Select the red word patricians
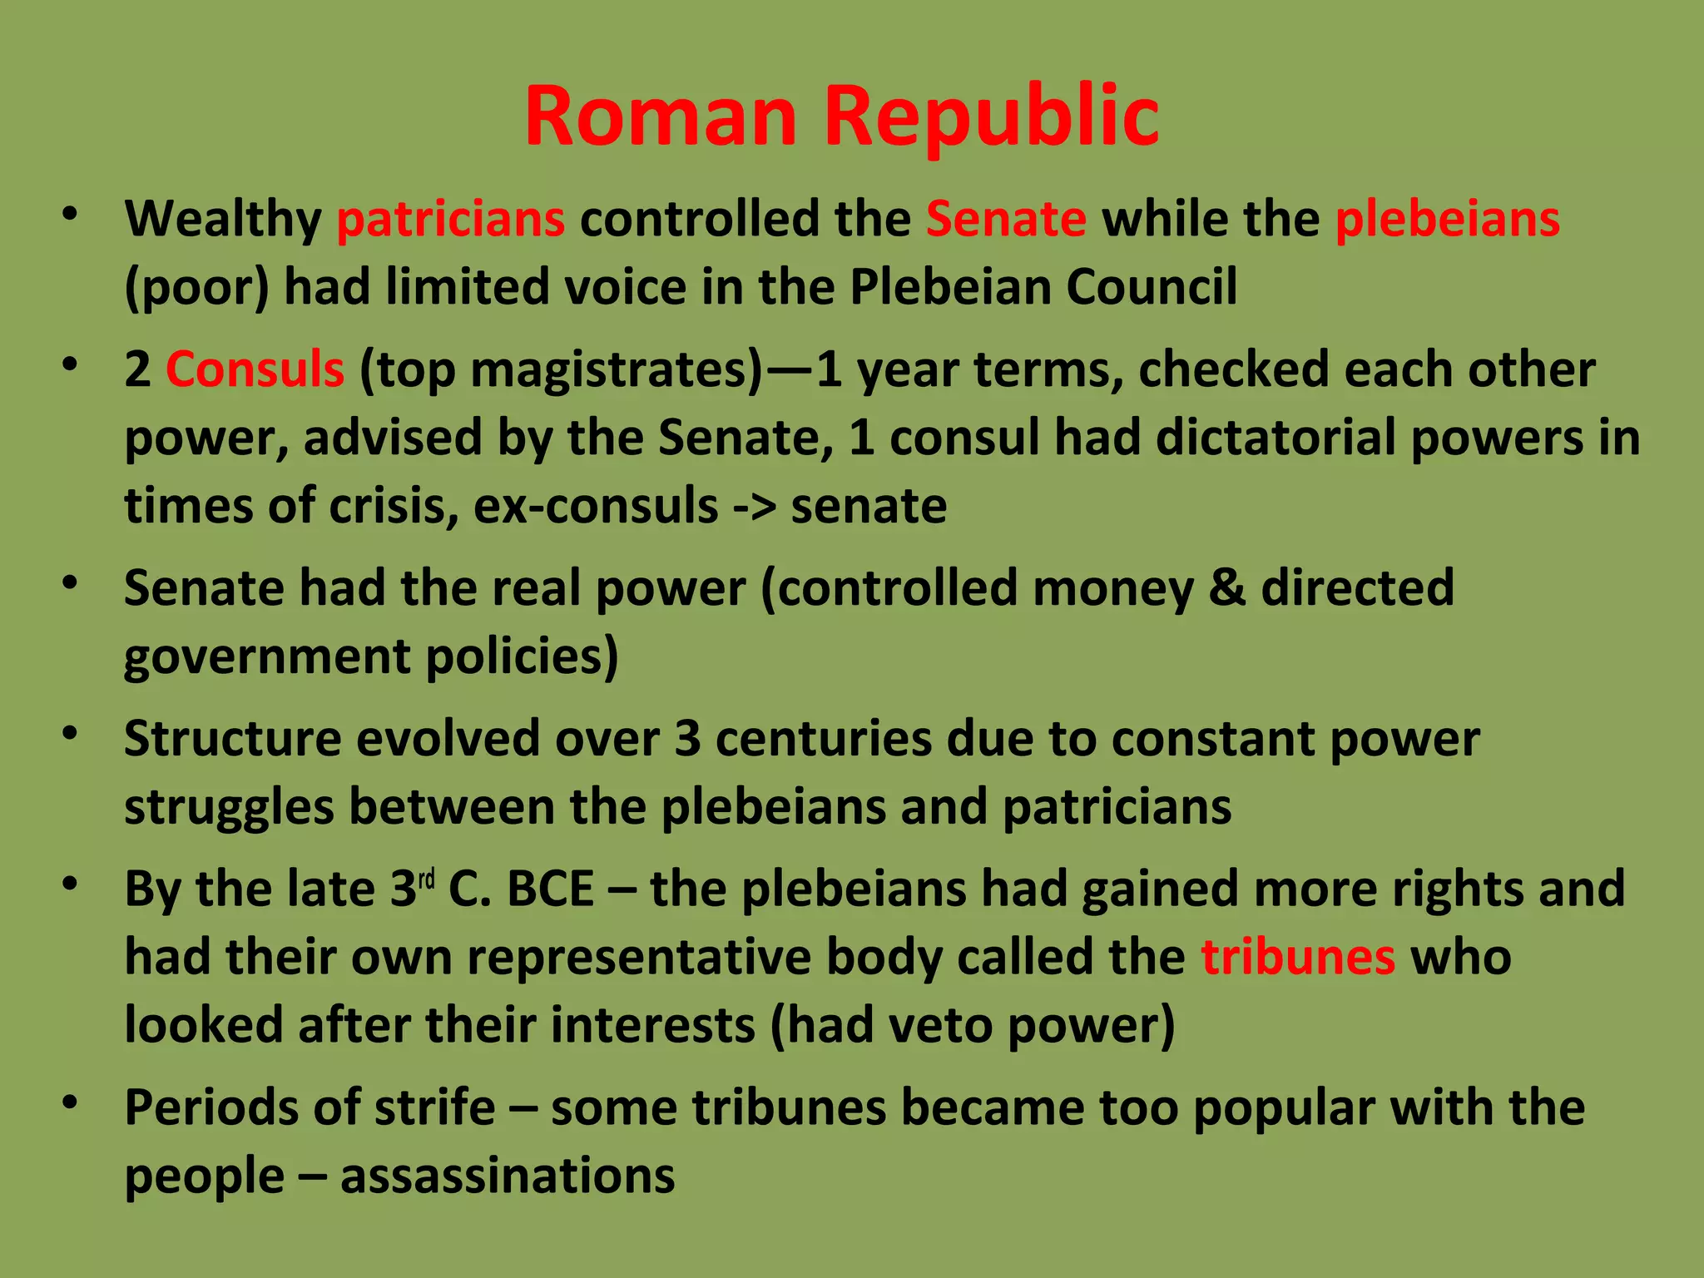451,219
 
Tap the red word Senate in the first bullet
1006,219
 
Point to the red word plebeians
1448,219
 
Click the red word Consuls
255,369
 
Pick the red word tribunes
1298,957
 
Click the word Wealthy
223,219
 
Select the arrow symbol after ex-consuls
754,506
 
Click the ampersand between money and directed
1226,587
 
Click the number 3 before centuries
687,739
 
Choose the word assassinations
508,1176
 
